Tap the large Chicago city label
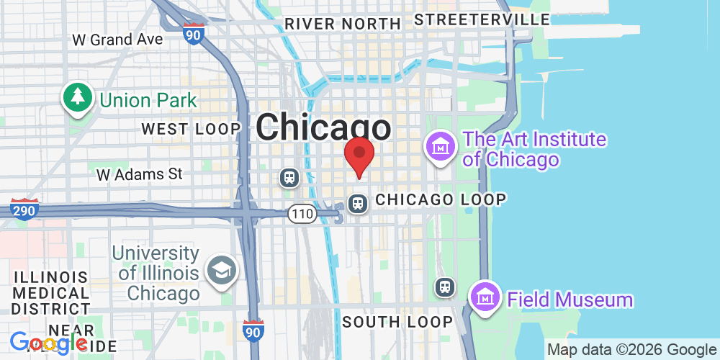pos(324,128)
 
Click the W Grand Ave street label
pos(118,40)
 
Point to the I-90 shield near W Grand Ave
pos(193,32)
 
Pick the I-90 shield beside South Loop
pos(252,330)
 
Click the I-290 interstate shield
pos(24,209)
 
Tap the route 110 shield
pos(302,213)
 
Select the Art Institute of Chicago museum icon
pos(440,147)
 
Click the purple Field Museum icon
pos(485,297)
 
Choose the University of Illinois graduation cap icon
pos(220,271)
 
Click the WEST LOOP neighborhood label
pos(191,130)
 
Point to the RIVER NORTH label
pos(342,24)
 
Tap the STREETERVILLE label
pos(482,19)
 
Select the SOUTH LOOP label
pos(397,322)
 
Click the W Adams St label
pos(140,174)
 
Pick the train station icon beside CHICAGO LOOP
pos(358,204)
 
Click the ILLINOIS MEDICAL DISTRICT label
pos(51,293)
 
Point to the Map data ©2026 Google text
pos(631,349)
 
